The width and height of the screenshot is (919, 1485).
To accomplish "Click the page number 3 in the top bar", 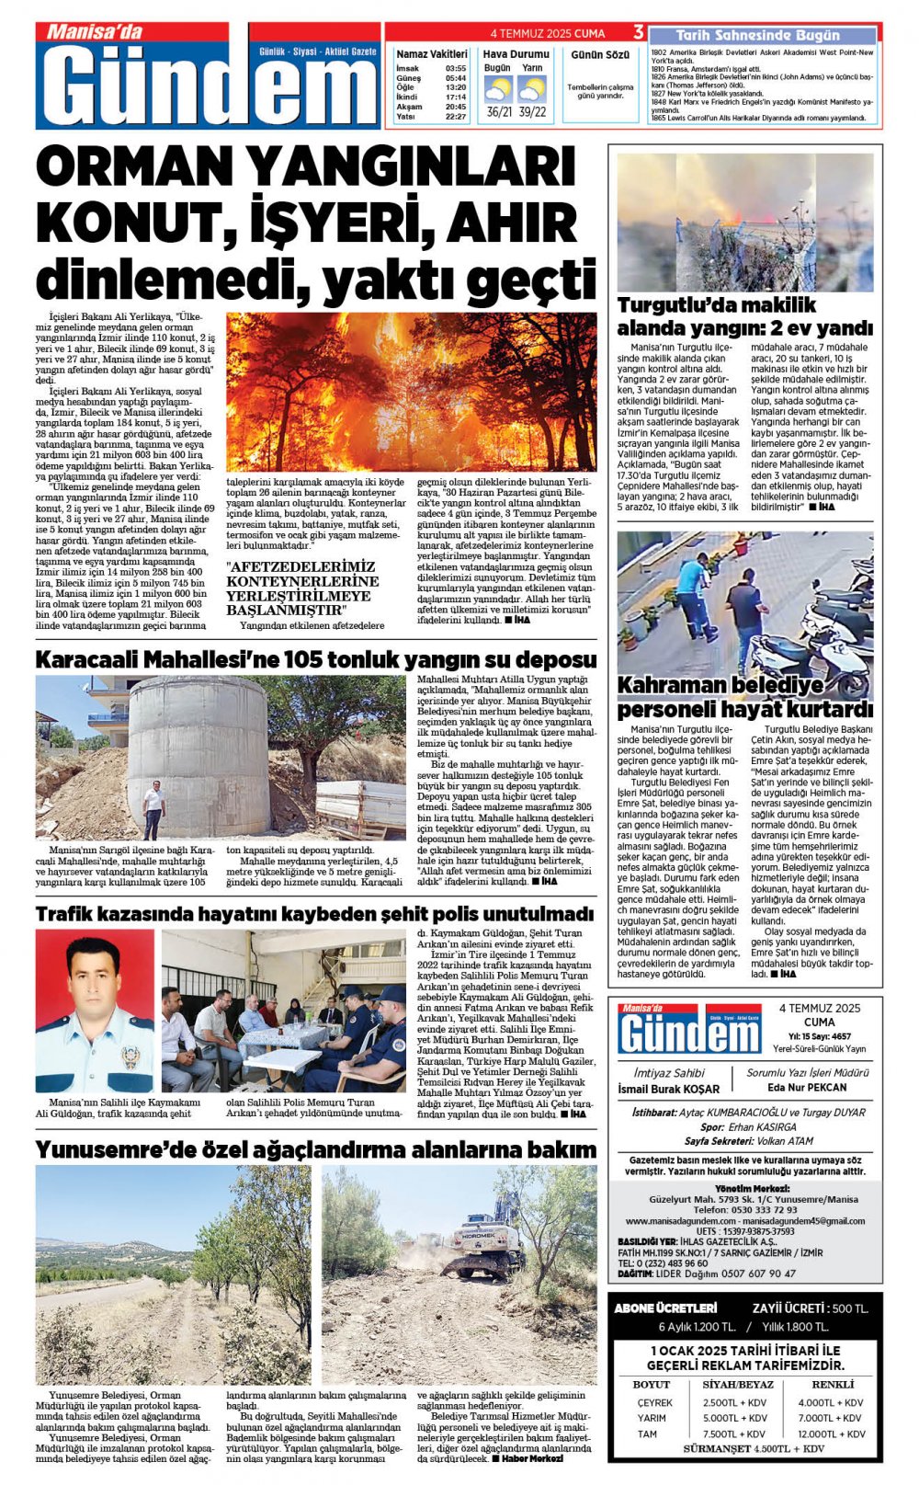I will click(x=638, y=33).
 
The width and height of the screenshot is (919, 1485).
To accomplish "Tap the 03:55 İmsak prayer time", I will click(x=455, y=68).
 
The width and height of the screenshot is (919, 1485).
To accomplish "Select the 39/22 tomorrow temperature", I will click(x=532, y=112).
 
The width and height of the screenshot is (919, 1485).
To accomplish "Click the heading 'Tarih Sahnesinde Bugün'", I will click(x=757, y=35).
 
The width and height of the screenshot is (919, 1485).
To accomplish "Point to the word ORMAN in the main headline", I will click(x=134, y=168).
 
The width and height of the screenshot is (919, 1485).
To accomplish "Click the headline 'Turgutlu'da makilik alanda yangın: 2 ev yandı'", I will click(x=744, y=316).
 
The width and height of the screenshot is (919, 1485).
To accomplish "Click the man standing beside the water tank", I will click(x=153, y=809).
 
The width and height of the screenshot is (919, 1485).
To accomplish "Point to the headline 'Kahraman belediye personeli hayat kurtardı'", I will click(x=744, y=697).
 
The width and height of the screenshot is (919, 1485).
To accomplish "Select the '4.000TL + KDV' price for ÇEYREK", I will click(x=830, y=1402).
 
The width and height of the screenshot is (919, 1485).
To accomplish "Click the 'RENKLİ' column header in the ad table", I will click(x=833, y=1384).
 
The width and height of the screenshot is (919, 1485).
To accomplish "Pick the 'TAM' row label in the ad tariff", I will click(x=647, y=1434).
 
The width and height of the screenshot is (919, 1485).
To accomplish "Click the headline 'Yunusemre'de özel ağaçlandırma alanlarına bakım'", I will click(x=315, y=1149).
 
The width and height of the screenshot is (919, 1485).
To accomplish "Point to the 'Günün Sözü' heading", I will click(x=600, y=55).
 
